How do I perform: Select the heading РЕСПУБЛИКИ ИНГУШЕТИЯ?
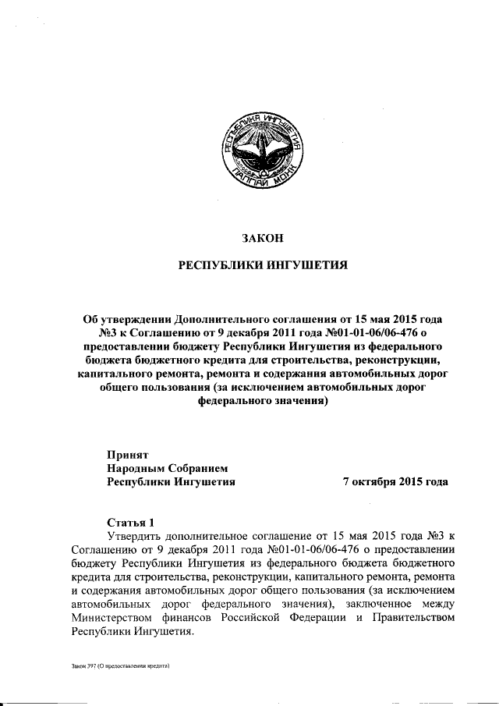(263, 266)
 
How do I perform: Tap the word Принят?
(129, 453)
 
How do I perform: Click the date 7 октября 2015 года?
(395, 481)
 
